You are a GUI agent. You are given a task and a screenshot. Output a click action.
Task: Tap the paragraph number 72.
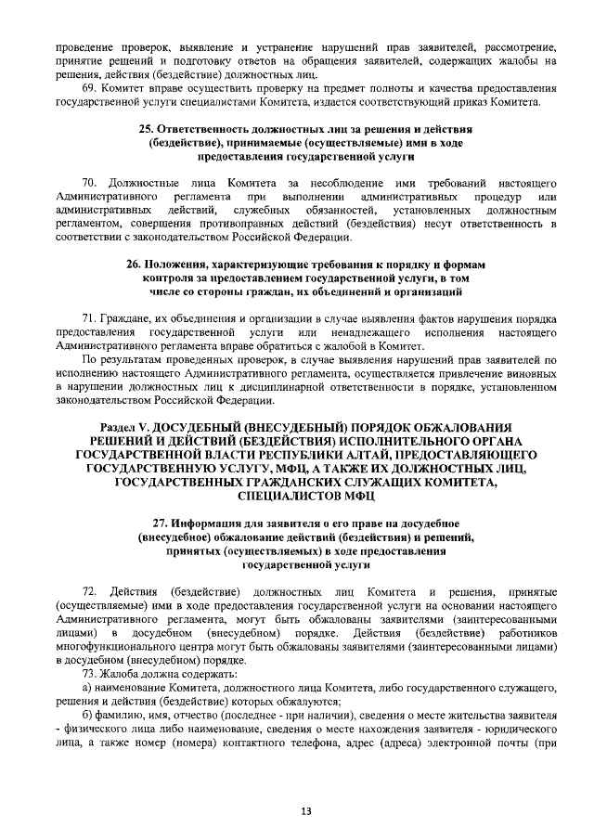pyautogui.click(x=90, y=591)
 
